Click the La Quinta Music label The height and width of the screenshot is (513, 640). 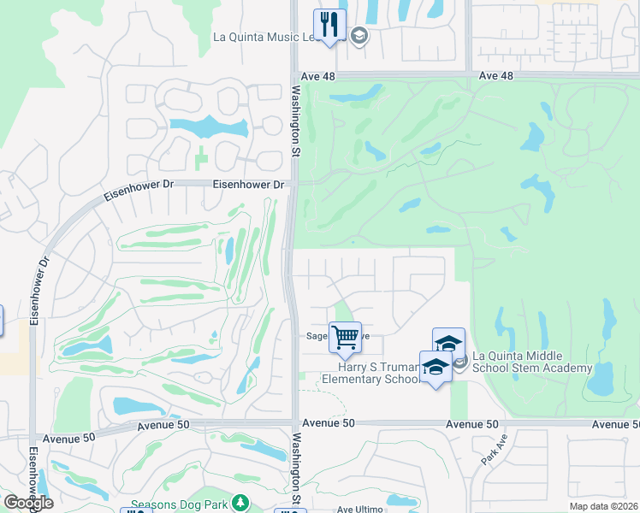tap(265, 37)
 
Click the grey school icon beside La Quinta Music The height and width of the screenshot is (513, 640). tap(359, 36)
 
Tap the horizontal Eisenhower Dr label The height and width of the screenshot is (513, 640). tap(249, 184)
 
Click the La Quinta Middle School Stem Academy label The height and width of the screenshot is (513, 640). tap(532, 362)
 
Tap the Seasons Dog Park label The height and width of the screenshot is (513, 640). tap(180, 504)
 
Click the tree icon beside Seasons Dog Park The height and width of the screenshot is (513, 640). tap(241, 503)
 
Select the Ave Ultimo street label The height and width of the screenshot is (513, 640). tap(359, 509)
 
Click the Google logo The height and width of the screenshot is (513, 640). tap(28, 502)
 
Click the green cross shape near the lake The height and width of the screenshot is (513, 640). tap(200, 157)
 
